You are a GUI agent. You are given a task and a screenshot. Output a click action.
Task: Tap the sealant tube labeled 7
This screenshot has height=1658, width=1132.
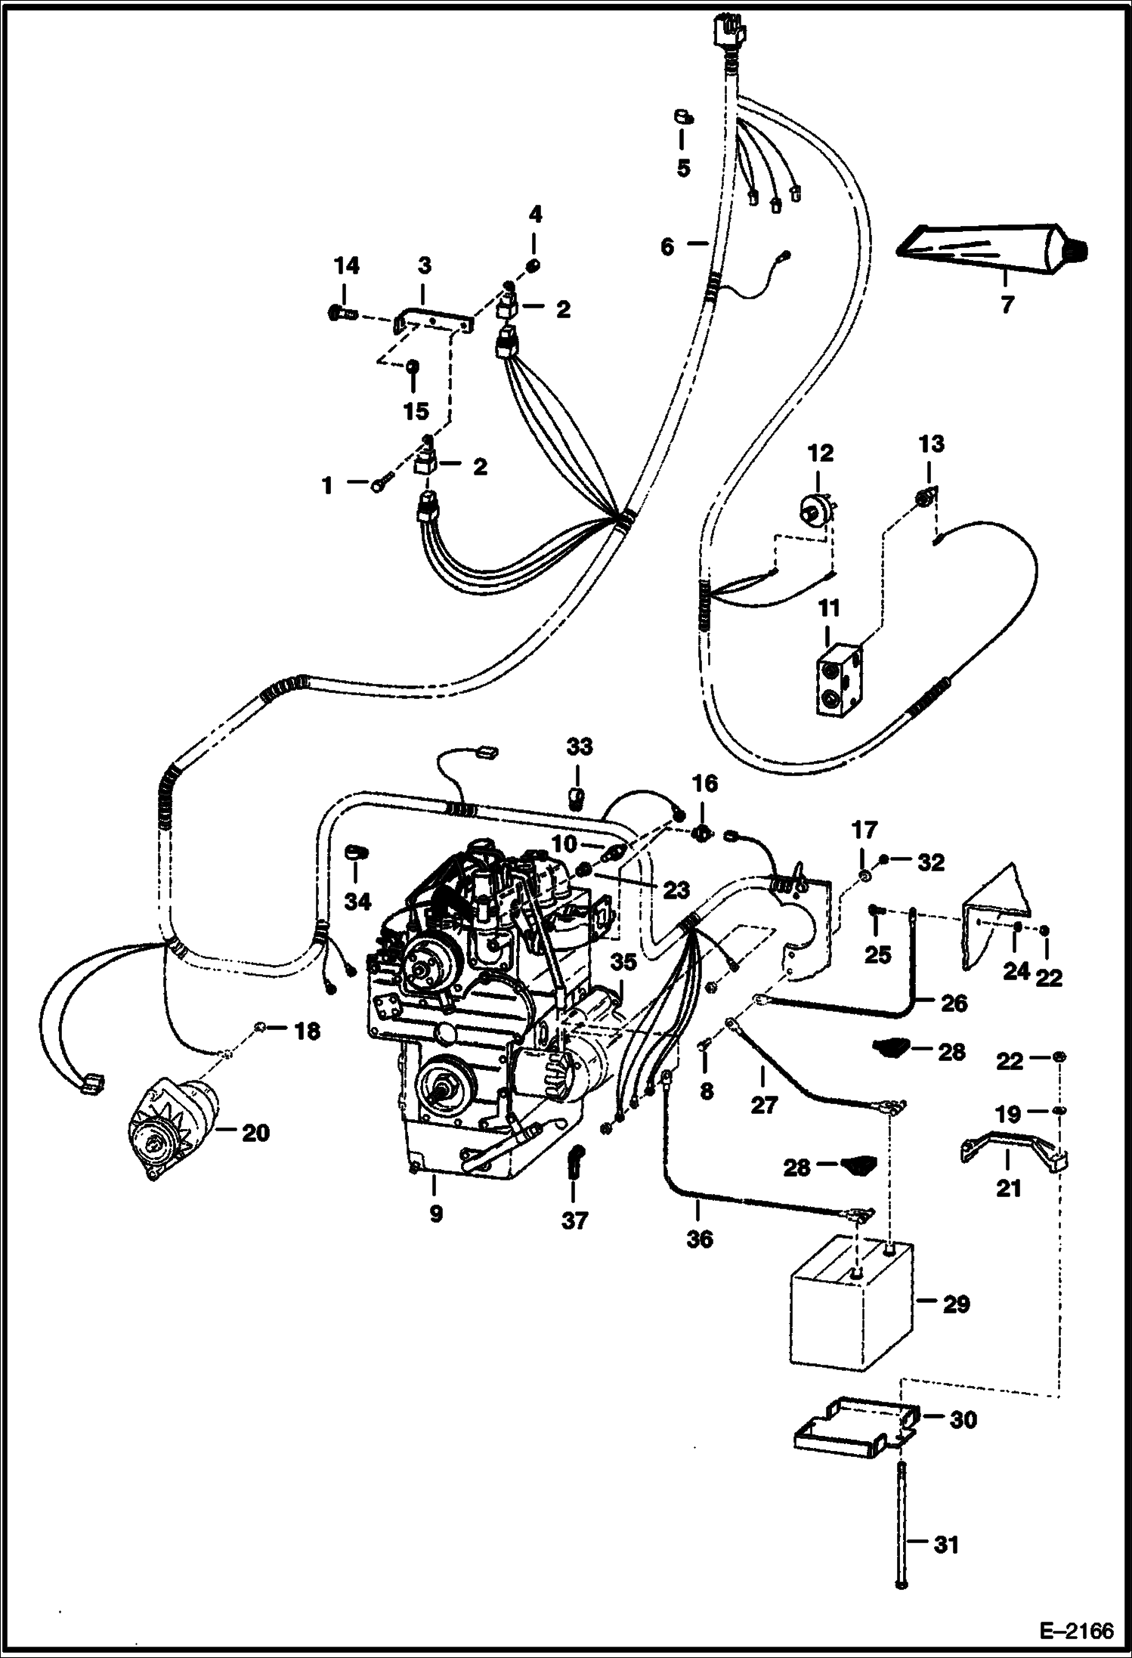click(x=990, y=249)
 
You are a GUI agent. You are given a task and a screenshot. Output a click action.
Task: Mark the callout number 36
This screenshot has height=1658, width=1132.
click(x=700, y=1239)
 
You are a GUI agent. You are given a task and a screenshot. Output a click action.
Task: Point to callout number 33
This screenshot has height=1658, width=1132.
click(x=580, y=747)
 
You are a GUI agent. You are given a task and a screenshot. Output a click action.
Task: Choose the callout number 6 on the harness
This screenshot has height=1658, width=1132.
click(x=667, y=246)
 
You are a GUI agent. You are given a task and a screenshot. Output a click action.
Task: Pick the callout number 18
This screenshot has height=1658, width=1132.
click(x=307, y=1031)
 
